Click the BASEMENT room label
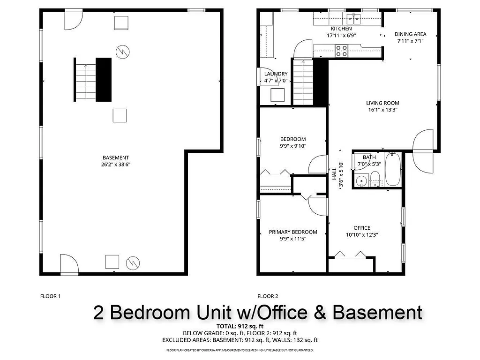[116, 157]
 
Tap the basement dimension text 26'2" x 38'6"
[116, 164]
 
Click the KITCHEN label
[341, 29]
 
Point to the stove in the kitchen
[342, 50]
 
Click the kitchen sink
[353, 19]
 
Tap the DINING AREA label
[410, 34]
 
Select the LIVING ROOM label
[383, 103]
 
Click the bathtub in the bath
[392, 169]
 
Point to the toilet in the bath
[375, 179]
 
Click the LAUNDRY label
[276, 74]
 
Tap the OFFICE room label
[362, 228]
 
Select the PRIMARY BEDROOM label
[293, 232]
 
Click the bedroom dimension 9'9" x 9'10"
[293, 146]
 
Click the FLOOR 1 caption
[51, 296]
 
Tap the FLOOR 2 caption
[268, 296]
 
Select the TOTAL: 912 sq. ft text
[240, 326]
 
